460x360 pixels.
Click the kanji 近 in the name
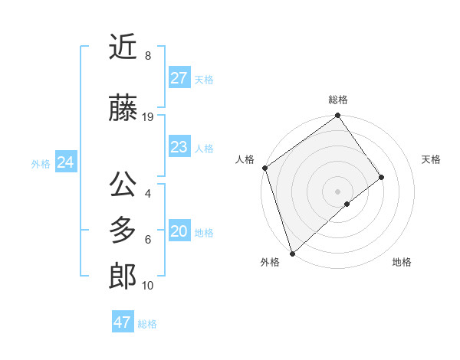coord(123,47)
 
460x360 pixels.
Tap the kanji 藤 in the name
coord(123,108)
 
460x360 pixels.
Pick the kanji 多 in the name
coord(123,231)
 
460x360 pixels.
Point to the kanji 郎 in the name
coord(123,277)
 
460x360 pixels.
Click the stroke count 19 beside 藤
coord(148,117)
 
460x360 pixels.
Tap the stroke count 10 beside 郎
coord(148,286)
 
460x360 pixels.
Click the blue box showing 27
coord(179,78)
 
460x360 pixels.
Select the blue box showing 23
coord(179,147)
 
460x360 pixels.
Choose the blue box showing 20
coord(179,231)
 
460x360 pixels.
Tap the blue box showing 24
coord(66,162)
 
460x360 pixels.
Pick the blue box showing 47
coord(123,322)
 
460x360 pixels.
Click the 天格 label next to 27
coord(204,79)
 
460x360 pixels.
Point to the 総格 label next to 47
coord(147,324)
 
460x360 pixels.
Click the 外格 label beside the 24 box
coord(41,163)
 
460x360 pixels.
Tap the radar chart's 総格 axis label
coord(338,100)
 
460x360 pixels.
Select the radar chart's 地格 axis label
coord(402,262)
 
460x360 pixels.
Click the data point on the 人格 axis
coord(264,168)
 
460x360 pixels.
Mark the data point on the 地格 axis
coord(347,204)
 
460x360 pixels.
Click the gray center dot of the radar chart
coord(337,191)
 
